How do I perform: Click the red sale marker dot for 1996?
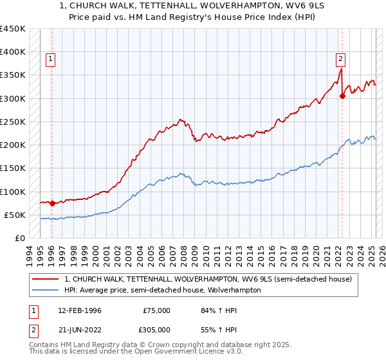[x=52, y=203]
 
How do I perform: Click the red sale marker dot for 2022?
[x=342, y=96]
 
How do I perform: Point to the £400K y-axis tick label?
[x=13, y=52]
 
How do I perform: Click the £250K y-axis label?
[x=13, y=122]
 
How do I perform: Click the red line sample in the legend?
[x=45, y=280]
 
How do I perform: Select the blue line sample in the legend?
[x=45, y=290]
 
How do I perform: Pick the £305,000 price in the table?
[x=157, y=331]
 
